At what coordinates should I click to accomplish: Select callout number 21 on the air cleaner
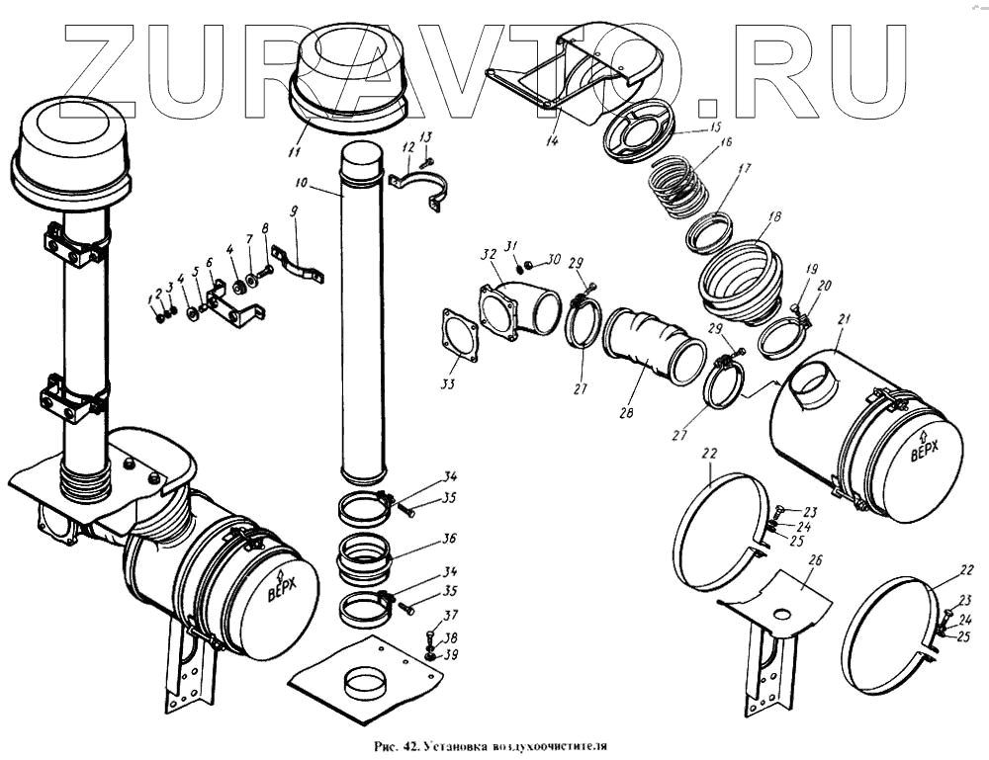click(x=844, y=318)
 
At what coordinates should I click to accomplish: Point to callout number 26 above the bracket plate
click(x=814, y=560)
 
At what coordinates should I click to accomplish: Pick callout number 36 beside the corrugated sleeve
click(x=449, y=540)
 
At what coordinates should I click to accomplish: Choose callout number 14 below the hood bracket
click(x=552, y=140)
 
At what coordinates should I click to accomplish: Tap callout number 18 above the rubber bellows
click(x=773, y=216)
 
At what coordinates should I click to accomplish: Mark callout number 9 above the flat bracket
click(x=294, y=211)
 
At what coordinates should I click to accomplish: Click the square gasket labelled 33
click(x=460, y=335)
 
